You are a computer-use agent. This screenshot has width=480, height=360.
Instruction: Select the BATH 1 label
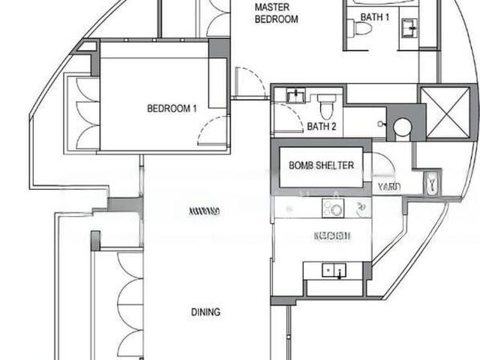tap(376, 16)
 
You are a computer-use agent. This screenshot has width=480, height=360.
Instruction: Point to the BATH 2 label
tap(321, 127)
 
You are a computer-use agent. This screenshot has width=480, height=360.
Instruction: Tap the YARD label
tap(388, 187)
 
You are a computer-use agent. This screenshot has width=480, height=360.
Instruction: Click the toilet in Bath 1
tap(363, 28)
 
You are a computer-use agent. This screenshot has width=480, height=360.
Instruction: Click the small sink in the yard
tap(433, 183)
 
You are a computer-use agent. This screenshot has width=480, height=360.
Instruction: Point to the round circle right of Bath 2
tap(403, 127)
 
